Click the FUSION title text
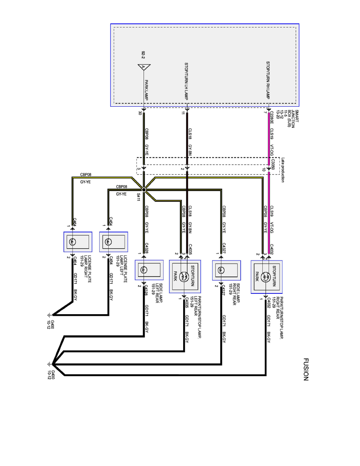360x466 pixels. [306, 369]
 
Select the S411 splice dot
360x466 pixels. [144, 190]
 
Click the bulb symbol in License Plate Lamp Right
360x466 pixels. [72, 242]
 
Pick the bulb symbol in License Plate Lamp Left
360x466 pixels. [108, 242]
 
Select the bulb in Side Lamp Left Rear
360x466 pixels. [144, 270]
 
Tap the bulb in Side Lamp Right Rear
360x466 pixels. [221, 270]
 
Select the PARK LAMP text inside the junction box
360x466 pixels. [146, 90]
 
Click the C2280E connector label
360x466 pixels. [272, 118]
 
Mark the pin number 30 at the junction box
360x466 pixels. [140, 113]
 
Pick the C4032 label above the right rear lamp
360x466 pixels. [272, 249]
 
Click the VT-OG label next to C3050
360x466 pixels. [272, 150]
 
